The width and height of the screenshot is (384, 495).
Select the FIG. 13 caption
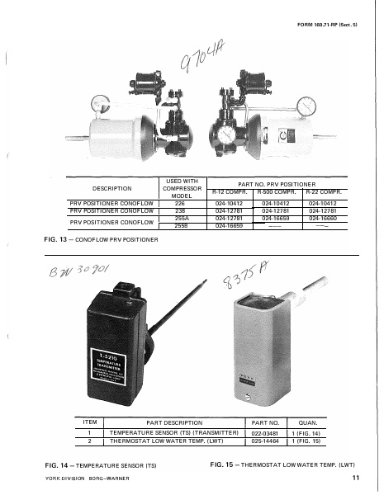pyautogui.click(x=99, y=238)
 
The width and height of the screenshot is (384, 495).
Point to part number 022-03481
pyautogui.click(x=265, y=431)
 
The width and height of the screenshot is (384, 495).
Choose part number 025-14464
pyautogui.click(x=265, y=439)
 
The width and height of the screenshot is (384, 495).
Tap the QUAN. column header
pyautogui.click(x=314, y=422)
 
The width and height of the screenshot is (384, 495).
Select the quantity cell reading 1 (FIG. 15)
pyautogui.click(x=314, y=439)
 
